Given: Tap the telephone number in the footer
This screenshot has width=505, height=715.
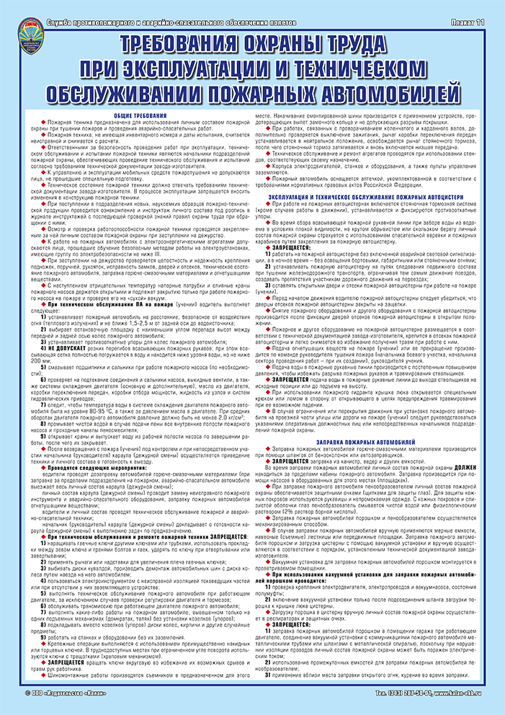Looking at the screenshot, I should [x=403, y=694].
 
